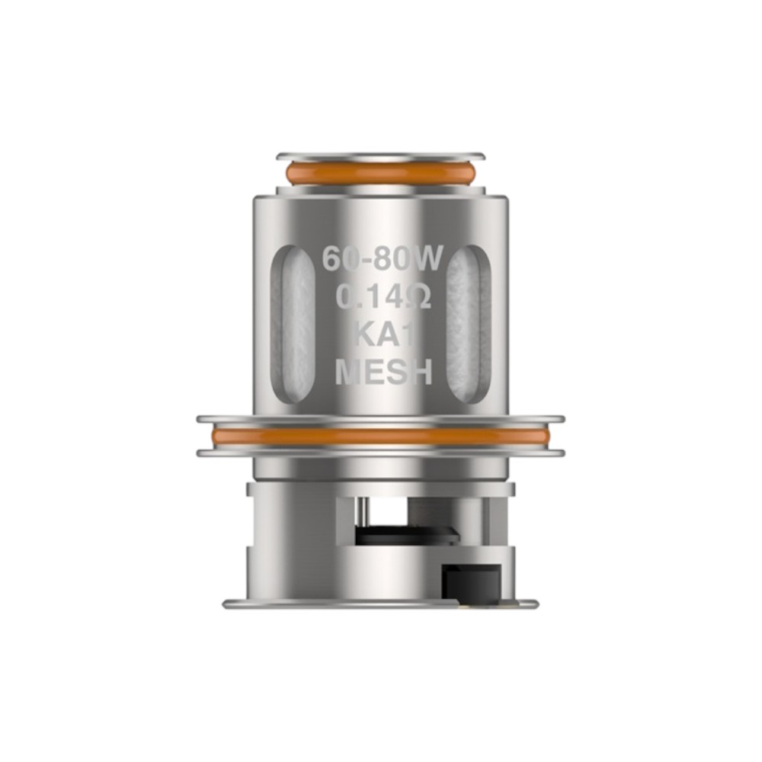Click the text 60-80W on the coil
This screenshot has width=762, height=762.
pos(383,258)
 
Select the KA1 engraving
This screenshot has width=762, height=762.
pos(384,335)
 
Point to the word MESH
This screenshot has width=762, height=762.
pos(384,373)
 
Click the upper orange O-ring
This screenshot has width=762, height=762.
pos(380,174)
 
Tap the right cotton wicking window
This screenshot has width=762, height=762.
pos(468,323)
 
